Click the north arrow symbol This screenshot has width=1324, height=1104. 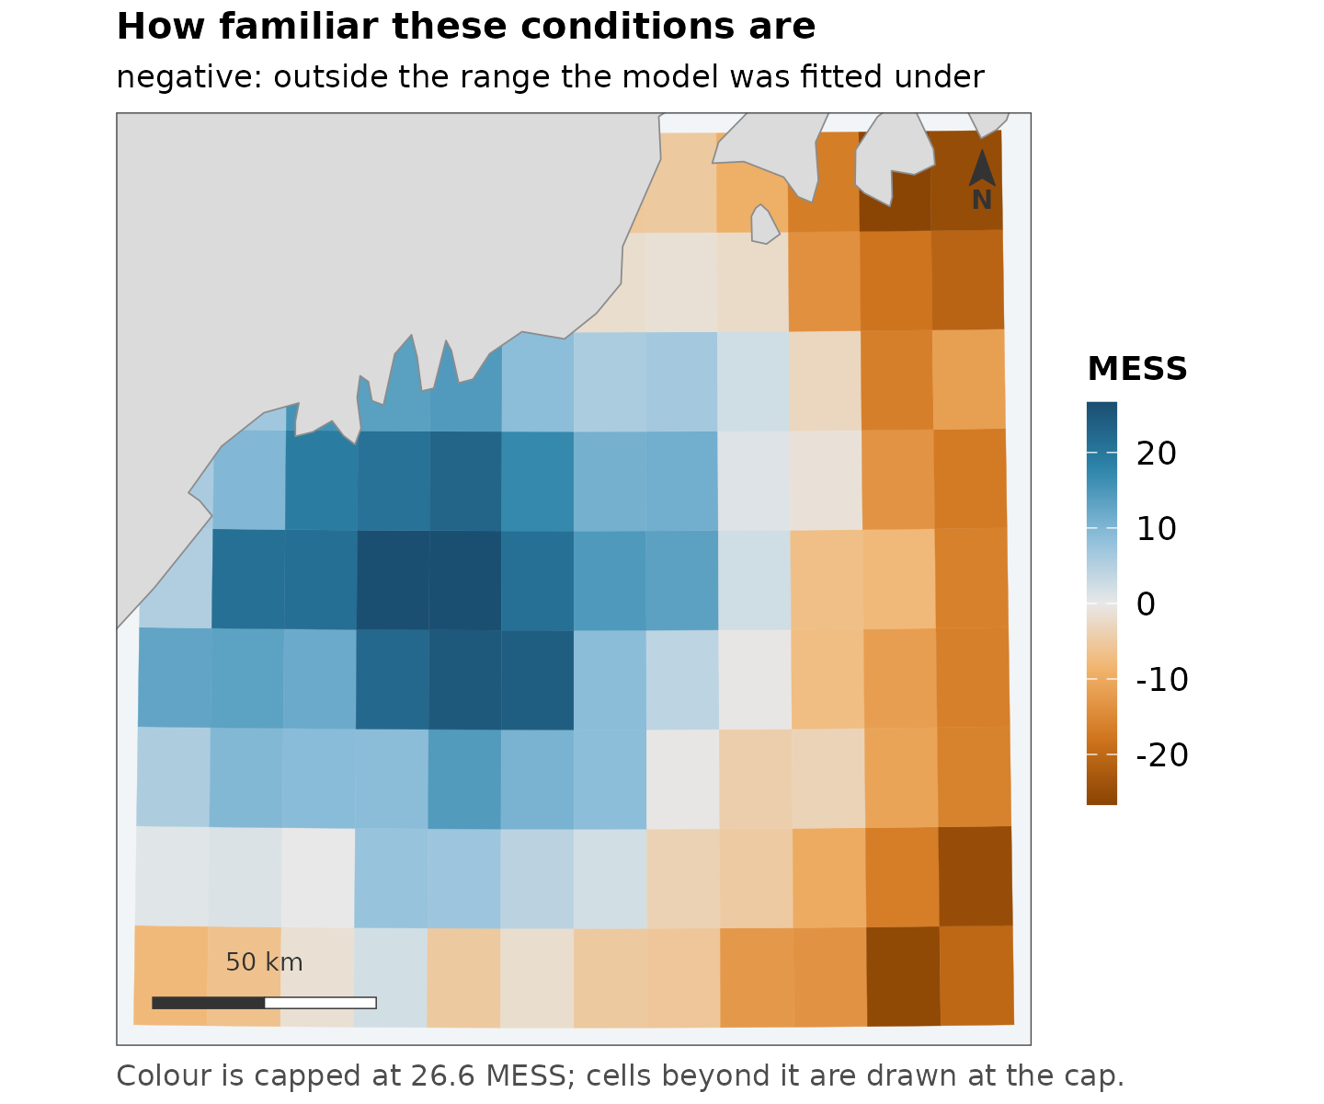[982, 168]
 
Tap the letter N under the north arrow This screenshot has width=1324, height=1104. [982, 201]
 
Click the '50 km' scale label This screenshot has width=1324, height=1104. [264, 962]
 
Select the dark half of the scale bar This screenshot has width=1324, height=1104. [209, 1003]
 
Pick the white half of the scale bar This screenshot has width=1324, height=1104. [321, 1003]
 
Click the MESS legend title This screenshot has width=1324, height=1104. [1137, 369]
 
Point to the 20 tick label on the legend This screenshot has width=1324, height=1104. [1156, 453]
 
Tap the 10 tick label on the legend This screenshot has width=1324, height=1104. [1156, 528]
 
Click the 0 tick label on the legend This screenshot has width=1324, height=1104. [1146, 604]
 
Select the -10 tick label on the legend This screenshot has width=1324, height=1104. [1162, 680]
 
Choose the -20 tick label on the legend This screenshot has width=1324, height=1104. [1162, 755]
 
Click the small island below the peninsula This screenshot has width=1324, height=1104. [764, 224]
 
